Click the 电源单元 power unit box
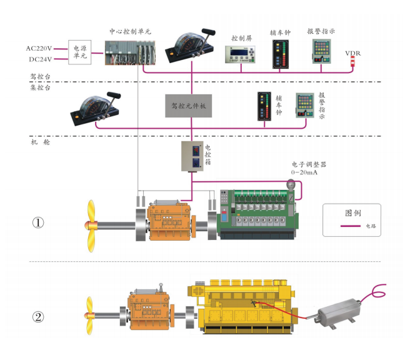[79, 52]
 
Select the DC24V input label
[38, 59]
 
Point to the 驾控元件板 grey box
[188, 106]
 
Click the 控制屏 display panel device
[241, 55]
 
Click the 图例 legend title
[353, 212]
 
